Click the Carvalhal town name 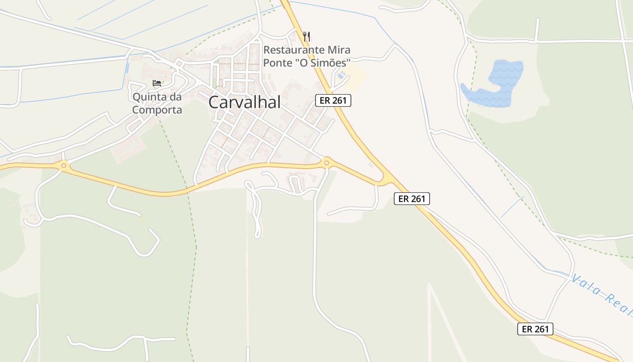tap(244, 103)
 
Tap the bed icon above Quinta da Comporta tap(157, 83)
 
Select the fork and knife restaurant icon tap(307, 36)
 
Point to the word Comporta tap(157, 110)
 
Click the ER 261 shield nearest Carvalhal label tap(333, 100)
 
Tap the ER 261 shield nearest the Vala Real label tap(535, 329)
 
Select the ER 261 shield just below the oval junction tap(411, 198)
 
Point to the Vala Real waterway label tap(601, 295)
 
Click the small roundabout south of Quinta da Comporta tap(64, 166)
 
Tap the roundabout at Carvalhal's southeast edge tap(326, 162)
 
